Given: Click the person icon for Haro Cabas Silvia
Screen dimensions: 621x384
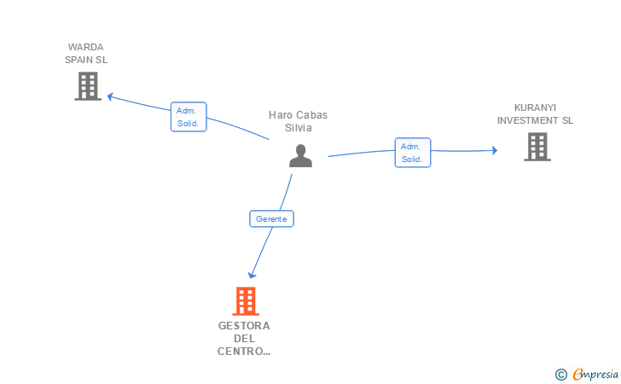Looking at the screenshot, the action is [300, 156].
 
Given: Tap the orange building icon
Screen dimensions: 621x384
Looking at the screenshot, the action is [246, 301].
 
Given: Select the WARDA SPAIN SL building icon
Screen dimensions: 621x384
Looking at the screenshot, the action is [88, 86].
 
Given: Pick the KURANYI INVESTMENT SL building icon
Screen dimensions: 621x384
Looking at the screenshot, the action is [537, 147].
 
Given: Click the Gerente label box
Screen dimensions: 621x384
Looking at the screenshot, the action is [271, 218].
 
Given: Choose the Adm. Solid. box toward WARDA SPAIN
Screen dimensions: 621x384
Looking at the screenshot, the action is [189, 117].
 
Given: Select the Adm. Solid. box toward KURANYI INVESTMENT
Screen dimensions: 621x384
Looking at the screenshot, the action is [413, 153].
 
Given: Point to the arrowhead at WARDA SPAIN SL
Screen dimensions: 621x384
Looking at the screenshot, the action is [111, 96].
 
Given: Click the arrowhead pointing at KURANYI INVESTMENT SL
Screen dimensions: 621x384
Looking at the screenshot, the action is [495, 150].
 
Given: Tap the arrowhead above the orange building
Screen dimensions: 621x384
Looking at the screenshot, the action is [252, 275].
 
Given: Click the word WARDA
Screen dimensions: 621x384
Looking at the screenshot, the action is [85, 47].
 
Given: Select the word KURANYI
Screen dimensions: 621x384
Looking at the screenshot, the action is [535, 108].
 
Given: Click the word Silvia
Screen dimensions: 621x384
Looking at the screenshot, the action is [299, 128].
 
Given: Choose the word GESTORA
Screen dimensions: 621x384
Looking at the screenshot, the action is [244, 326].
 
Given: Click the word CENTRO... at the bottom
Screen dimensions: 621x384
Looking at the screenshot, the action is [244, 352].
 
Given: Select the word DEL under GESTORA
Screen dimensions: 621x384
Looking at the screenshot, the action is [244, 339].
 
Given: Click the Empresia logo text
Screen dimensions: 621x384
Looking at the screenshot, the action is [595, 375].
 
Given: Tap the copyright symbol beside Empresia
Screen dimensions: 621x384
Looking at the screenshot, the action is [560, 375].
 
